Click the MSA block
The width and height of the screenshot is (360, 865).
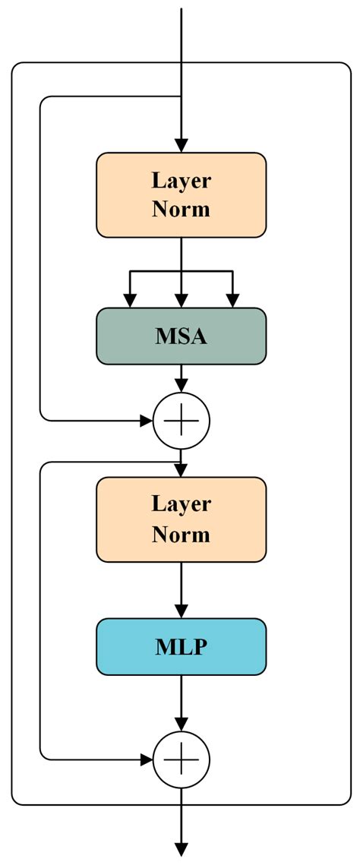(x=181, y=336)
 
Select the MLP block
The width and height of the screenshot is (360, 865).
(x=181, y=646)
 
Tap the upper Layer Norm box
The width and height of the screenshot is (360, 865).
(x=181, y=195)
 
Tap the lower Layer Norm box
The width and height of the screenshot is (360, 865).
(x=181, y=519)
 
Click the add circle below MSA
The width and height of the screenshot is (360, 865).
(x=181, y=419)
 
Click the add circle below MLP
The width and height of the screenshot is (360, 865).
(x=181, y=758)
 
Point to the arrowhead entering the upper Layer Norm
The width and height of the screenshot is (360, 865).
(x=181, y=145)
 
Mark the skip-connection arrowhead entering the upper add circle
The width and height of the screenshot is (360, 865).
(x=146, y=419)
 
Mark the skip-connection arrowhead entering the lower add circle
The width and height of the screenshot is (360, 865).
(x=146, y=758)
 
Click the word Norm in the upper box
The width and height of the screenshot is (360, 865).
(x=181, y=210)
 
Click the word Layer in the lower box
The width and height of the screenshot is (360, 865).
(x=181, y=504)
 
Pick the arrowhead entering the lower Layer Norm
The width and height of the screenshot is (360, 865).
(x=181, y=471)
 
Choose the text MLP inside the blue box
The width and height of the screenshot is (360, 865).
(x=181, y=646)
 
